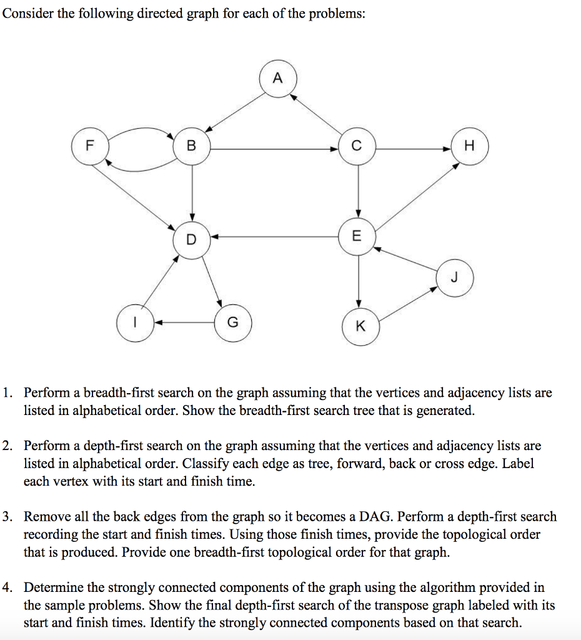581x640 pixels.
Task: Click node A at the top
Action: (x=277, y=79)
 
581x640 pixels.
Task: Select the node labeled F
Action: (x=90, y=146)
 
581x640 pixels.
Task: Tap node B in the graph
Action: (x=192, y=147)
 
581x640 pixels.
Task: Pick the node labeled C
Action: (x=357, y=147)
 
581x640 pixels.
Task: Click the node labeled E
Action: (x=357, y=236)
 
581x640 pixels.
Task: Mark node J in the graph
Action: (x=454, y=277)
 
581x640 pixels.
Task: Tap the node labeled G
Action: (x=232, y=323)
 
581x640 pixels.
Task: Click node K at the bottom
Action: (x=359, y=326)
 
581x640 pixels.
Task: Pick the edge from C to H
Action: (x=413, y=149)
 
